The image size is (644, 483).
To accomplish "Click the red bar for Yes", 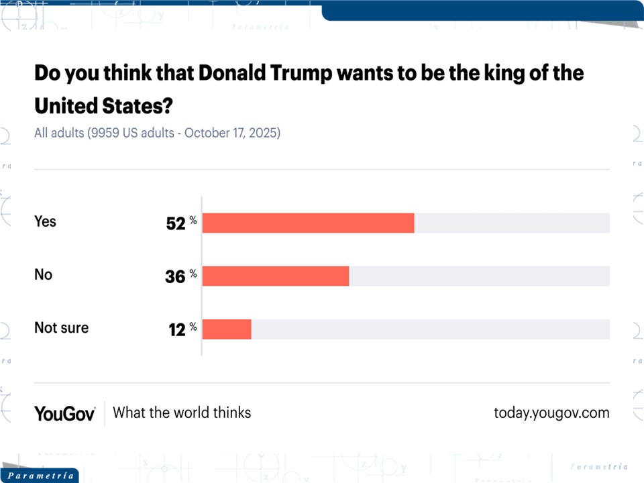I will click(308, 223).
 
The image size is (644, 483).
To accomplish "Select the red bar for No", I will click(276, 276).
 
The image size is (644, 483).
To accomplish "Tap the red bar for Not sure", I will click(227, 329).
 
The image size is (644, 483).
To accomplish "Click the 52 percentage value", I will click(176, 224).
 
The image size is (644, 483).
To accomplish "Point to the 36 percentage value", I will click(175, 276).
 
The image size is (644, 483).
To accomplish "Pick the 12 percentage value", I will click(177, 329).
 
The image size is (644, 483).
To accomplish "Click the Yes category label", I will click(45, 221).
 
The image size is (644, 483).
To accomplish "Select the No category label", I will click(43, 274).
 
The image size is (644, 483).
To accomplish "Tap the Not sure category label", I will click(61, 328).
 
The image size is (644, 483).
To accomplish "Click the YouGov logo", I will click(64, 413).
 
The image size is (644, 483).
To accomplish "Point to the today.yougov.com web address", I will click(551, 413).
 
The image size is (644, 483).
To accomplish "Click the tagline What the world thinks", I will click(182, 413).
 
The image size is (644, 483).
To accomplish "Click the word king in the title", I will click(494, 72).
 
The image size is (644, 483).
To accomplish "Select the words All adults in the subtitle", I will click(58, 133).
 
